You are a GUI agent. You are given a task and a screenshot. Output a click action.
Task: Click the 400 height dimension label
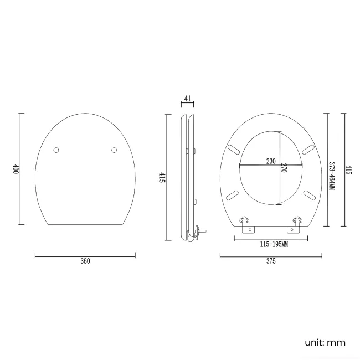tap(16, 169)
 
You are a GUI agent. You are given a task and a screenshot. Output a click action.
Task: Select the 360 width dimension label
tap(85, 261)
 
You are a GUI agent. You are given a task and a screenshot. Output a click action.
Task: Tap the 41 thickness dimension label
tap(187, 99)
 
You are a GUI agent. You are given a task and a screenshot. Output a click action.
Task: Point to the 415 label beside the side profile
tap(162, 178)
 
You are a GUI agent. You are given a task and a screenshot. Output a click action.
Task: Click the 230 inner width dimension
tap(271, 161)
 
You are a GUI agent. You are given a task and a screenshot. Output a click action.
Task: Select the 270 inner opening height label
tap(284, 168)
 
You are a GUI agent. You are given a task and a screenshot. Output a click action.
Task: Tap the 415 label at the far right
tap(348, 169)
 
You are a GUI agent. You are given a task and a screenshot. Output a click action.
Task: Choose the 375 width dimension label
tap(271, 261)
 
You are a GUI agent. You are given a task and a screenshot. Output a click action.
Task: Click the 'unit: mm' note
tap(325, 342)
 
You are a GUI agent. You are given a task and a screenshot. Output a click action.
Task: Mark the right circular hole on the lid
tap(114, 150)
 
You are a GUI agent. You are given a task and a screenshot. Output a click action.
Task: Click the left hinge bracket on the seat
tap(245, 222)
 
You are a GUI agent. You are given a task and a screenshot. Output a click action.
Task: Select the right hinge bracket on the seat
tap(296, 222)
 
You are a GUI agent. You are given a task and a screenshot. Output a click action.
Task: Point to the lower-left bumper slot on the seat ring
tap(233, 194)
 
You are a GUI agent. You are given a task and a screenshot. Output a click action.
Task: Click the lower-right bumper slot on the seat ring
tap(308, 194)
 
